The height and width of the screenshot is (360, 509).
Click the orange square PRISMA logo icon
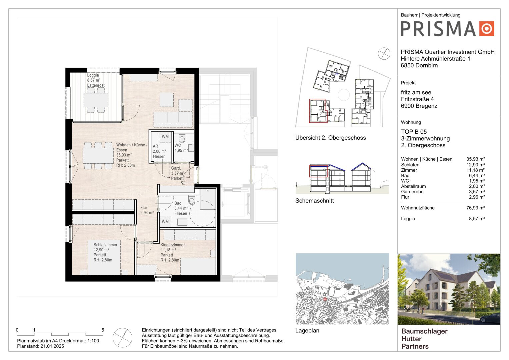point(487,29)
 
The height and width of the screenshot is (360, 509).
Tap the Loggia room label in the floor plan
point(93,75)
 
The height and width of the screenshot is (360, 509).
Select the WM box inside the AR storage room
point(165,137)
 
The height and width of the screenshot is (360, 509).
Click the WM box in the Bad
point(165,222)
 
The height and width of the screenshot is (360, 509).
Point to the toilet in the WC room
point(182,137)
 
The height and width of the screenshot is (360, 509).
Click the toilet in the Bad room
point(192,200)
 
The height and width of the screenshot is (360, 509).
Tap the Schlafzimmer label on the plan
point(105,245)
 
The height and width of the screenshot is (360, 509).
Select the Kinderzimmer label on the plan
point(172,245)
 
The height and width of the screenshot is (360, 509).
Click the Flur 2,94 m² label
point(147,210)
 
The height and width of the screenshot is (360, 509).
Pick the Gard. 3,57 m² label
point(177,173)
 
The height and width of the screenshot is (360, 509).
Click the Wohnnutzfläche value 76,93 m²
point(476,208)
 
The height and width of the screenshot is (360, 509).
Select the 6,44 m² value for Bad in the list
point(477,175)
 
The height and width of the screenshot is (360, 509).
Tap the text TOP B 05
point(414,132)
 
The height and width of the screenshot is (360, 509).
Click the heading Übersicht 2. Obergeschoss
point(330,138)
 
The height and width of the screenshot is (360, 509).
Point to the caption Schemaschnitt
point(314,201)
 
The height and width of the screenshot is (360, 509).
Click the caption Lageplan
point(307,330)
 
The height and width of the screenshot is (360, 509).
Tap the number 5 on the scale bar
point(103,330)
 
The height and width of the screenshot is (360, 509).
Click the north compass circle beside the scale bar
point(122,337)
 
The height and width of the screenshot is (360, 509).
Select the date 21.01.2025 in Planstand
point(52,346)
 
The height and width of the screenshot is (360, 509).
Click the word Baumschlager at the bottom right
point(424,331)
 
